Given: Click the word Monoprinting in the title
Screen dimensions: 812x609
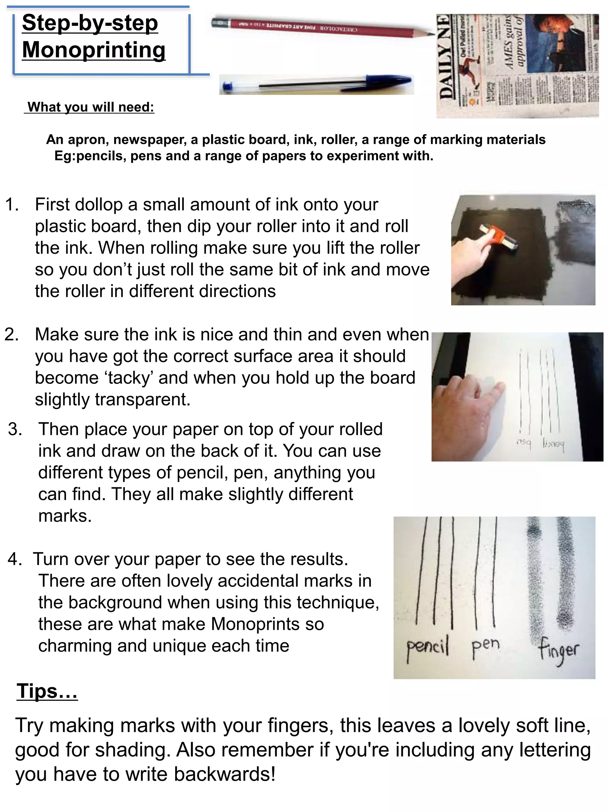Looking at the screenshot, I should (x=94, y=50).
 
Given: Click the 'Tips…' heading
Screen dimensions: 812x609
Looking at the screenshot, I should (x=47, y=692).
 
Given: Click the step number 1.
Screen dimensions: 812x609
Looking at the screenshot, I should (x=12, y=205).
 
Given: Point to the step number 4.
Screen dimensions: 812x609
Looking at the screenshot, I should (x=15, y=559).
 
